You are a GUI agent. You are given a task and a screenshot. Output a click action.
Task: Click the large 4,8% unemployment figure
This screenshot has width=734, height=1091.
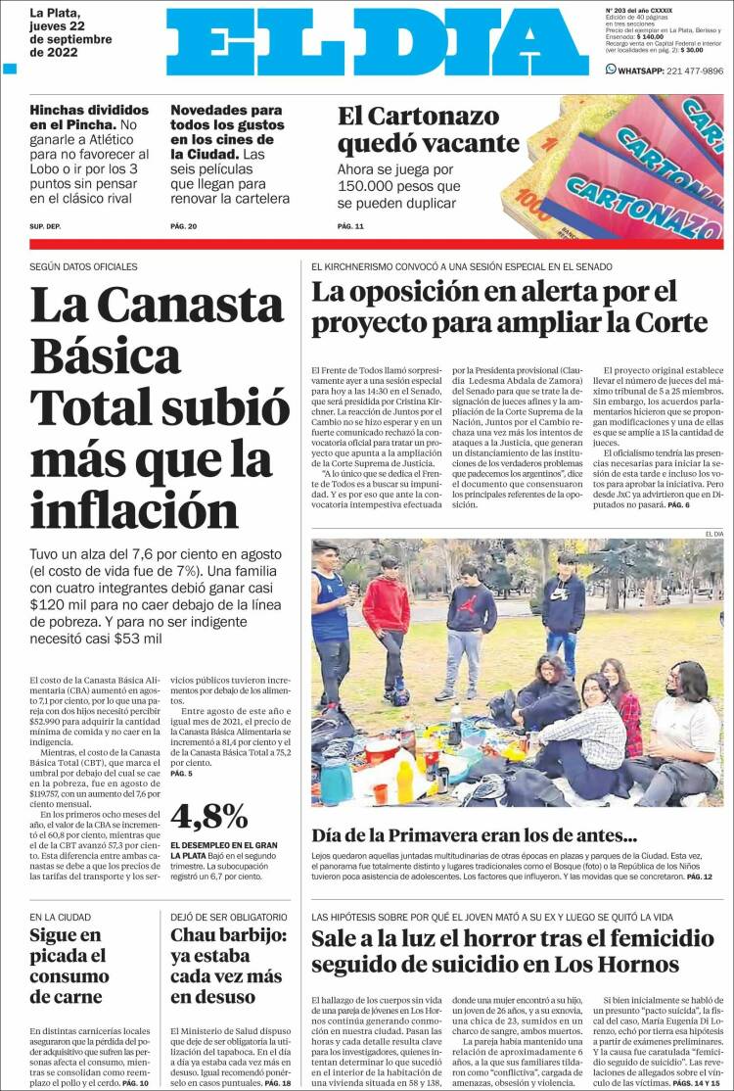(x=208, y=815)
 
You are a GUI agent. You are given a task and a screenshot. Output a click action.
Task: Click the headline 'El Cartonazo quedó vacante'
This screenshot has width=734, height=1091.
(x=418, y=130)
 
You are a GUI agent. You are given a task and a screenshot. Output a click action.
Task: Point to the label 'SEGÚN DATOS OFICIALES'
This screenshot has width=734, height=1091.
(x=83, y=266)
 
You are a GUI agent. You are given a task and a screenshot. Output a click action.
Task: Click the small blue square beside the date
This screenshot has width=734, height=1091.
(x=11, y=70)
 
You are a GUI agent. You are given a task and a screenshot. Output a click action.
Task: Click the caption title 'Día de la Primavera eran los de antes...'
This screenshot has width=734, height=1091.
(x=475, y=835)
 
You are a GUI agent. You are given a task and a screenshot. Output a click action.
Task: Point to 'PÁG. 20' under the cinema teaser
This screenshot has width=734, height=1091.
(x=184, y=227)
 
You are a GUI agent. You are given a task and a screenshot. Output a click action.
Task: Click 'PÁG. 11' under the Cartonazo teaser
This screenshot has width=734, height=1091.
(x=350, y=227)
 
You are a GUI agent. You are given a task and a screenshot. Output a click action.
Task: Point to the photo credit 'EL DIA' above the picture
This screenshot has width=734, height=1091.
(x=713, y=533)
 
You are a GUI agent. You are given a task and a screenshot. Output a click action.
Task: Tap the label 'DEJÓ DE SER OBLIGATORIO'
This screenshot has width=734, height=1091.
(x=228, y=917)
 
